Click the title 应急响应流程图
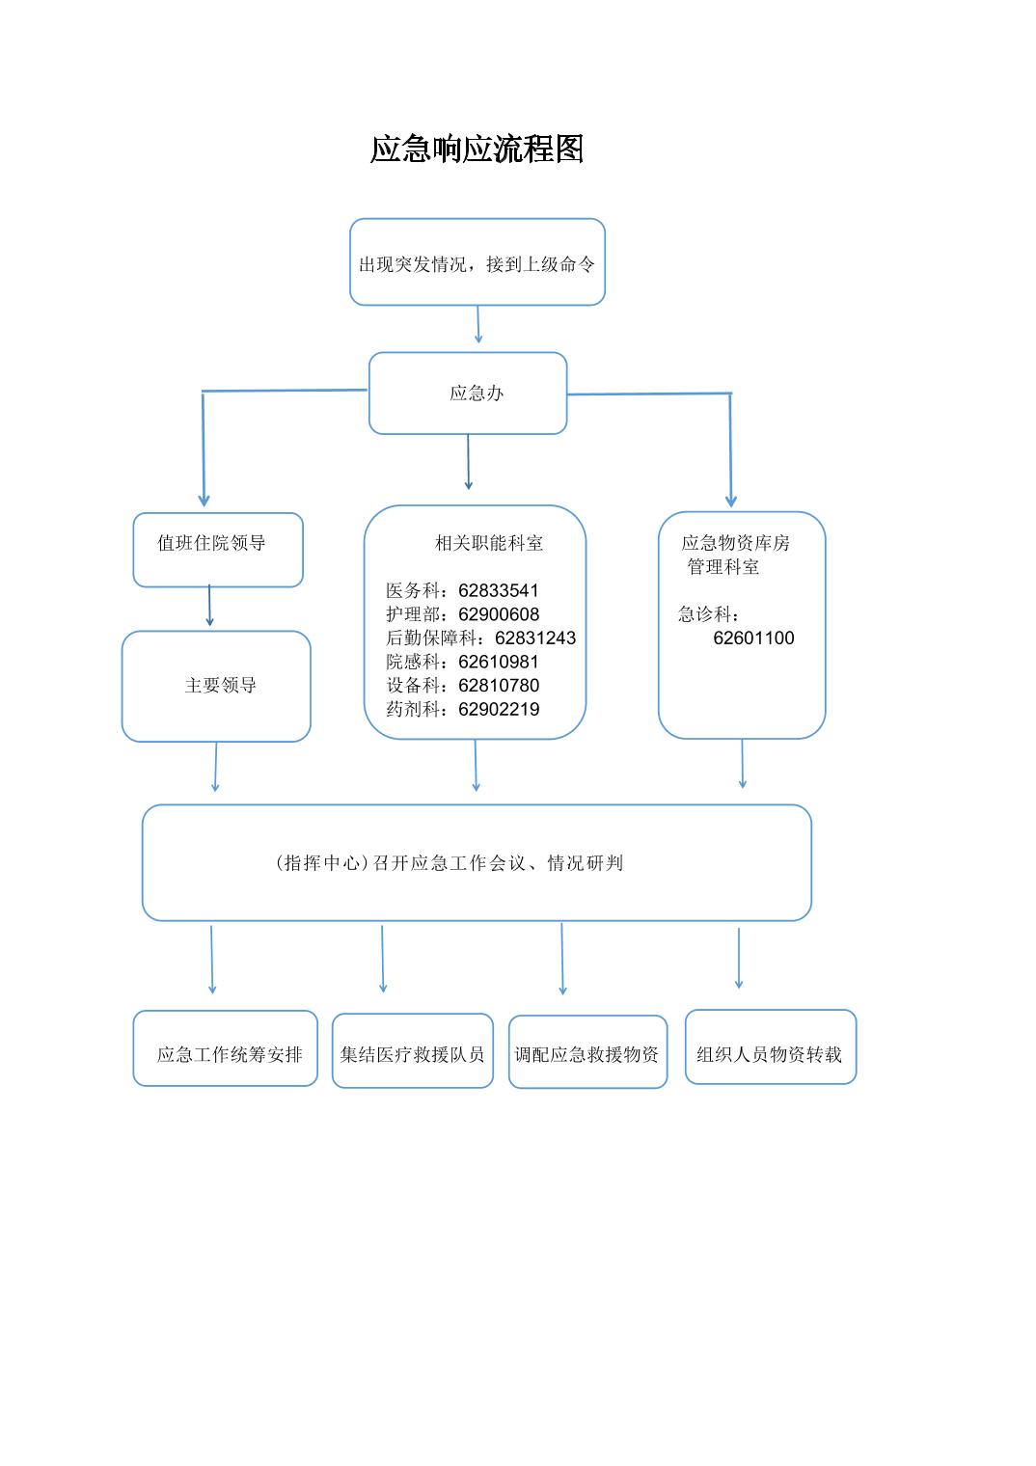click(477, 149)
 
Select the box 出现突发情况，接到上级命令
click(477, 261)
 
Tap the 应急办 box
click(468, 393)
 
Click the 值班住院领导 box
click(218, 550)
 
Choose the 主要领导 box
click(216, 687)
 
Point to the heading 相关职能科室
click(489, 543)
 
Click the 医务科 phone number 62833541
click(499, 590)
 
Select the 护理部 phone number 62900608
click(499, 613)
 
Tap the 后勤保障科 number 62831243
click(535, 638)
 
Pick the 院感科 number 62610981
click(499, 662)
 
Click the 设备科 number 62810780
click(499, 685)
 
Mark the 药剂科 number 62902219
click(499, 709)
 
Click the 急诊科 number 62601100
click(753, 638)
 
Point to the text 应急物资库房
click(735, 543)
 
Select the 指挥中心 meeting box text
click(449, 862)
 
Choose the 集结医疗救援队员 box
click(412, 1051)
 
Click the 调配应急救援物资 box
click(587, 1051)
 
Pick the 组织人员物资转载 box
click(771, 1047)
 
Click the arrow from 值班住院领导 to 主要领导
click(209, 606)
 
